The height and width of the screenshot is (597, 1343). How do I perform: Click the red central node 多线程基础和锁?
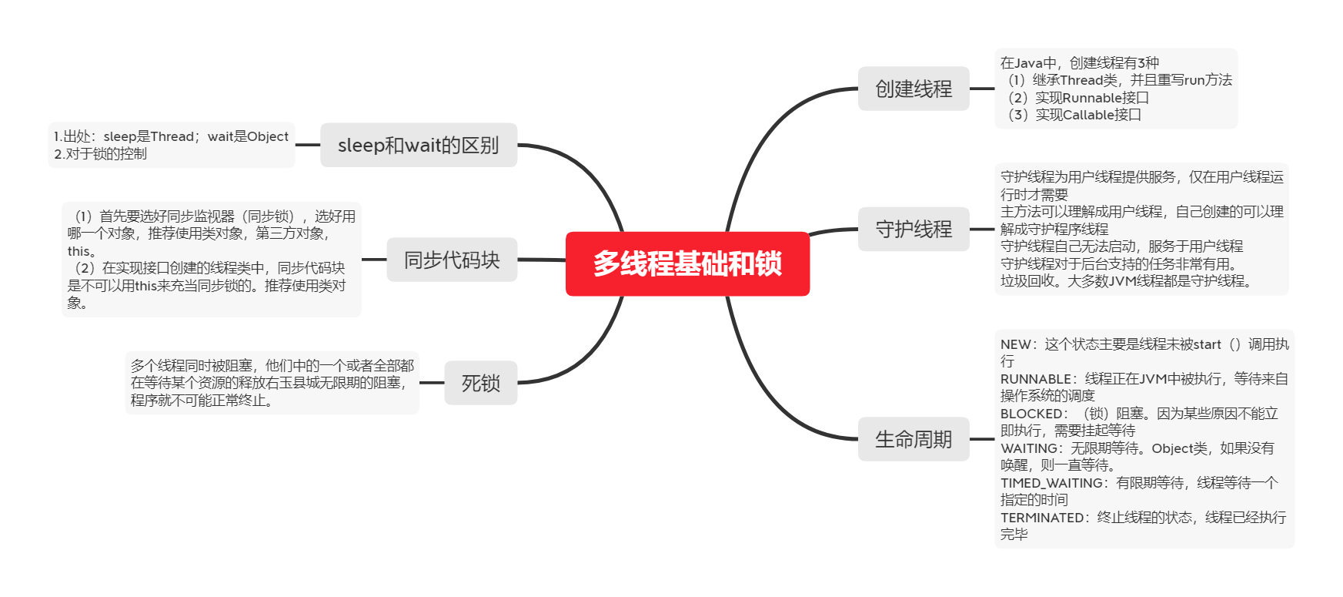(x=687, y=263)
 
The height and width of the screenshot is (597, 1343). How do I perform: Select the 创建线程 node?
(x=914, y=89)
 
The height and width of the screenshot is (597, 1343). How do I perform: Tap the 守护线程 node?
(x=914, y=229)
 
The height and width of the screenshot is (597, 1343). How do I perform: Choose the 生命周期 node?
(x=914, y=439)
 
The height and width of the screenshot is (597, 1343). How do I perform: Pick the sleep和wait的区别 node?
(x=418, y=145)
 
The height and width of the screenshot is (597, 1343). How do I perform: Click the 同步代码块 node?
(x=452, y=260)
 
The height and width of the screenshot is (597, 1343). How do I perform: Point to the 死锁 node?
(x=480, y=383)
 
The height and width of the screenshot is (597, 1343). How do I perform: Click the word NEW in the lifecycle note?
(x=1015, y=344)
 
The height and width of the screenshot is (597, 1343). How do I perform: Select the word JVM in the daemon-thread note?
(x=1121, y=281)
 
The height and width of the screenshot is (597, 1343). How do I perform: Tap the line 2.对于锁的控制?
(x=100, y=154)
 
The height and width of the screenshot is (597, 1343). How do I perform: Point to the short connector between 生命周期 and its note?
(x=982, y=439)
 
